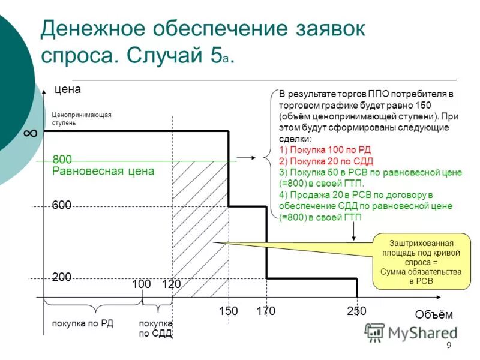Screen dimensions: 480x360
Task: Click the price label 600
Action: pyautogui.click(x=62, y=205)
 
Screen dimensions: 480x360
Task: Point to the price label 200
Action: pyautogui.click(x=62, y=277)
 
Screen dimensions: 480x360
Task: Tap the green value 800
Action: pyautogui.click(x=62, y=160)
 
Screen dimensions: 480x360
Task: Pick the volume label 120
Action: pyautogui.click(x=171, y=284)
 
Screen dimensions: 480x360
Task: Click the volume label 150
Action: pyautogui.click(x=228, y=311)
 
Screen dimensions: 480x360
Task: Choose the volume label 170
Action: pyautogui.click(x=265, y=311)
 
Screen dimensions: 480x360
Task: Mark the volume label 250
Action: pyautogui.click(x=356, y=311)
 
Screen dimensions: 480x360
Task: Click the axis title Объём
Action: pyautogui.click(x=433, y=314)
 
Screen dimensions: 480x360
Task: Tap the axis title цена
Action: pyautogui.click(x=67, y=89)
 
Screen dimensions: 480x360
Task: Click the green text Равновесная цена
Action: pyautogui.click(x=103, y=171)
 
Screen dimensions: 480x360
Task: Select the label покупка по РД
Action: pyautogui.click(x=83, y=323)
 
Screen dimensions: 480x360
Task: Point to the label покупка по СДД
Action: pyautogui.click(x=155, y=328)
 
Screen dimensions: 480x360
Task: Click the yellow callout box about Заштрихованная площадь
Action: pyautogui.click(x=421, y=261)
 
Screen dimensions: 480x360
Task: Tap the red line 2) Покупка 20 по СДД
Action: pyautogui.click(x=326, y=161)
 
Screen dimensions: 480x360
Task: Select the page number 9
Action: pyautogui.click(x=448, y=346)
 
